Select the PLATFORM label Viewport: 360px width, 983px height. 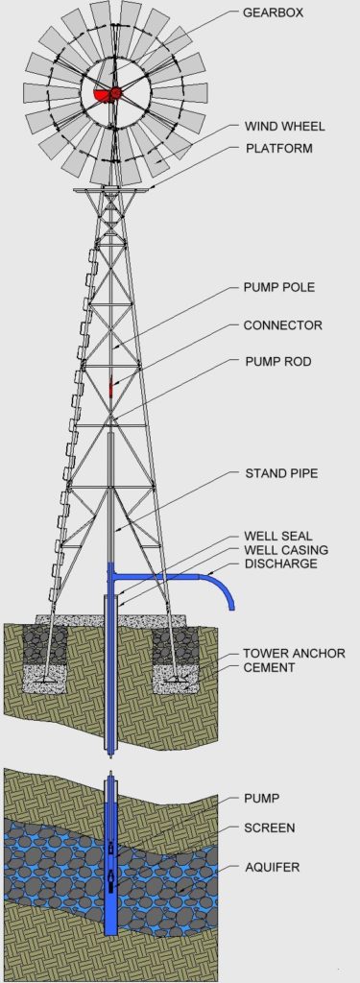(279, 149)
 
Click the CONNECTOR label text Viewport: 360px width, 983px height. (283, 325)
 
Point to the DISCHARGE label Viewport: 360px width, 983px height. (281, 563)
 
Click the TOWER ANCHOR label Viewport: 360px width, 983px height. (294, 653)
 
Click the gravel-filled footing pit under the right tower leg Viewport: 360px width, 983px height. (175, 653)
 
